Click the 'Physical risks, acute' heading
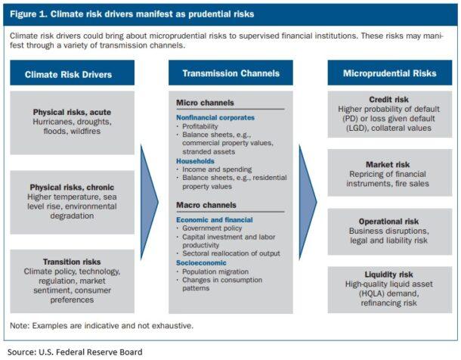tap(73, 112)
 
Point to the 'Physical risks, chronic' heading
tap(73, 187)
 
